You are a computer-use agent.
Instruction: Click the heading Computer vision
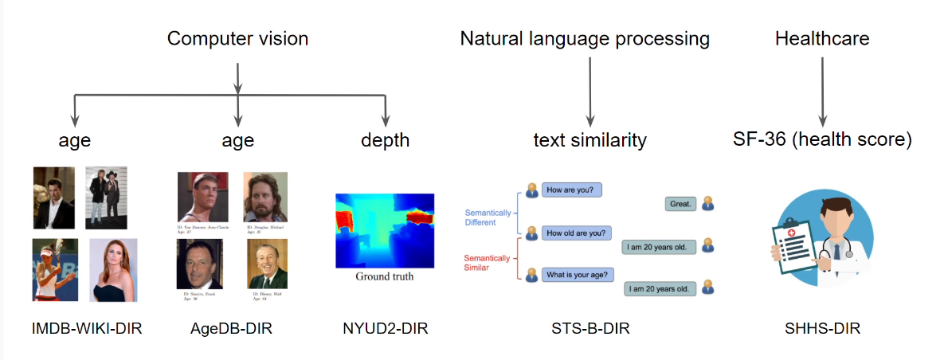(x=237, y=38)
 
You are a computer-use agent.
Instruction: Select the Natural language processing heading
(x=585, y=38)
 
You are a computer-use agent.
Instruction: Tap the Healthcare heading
(x=822, y=38)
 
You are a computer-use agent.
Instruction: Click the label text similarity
(x=590, y=141)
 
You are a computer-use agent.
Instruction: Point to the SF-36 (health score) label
(x=822, y=140)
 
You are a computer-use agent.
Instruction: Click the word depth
(x=385, y=141)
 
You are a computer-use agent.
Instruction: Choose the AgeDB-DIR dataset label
(x=232, y=328)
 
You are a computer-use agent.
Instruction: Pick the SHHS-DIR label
(x=822, y=328)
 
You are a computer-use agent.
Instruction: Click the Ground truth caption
(x=384, y=277)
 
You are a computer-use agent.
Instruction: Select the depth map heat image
(x=384, y=230)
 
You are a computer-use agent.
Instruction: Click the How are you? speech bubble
(x=572, y=190)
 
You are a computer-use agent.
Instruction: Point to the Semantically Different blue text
(x=489, y=217)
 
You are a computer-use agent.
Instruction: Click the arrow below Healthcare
(x=822, y=88)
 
